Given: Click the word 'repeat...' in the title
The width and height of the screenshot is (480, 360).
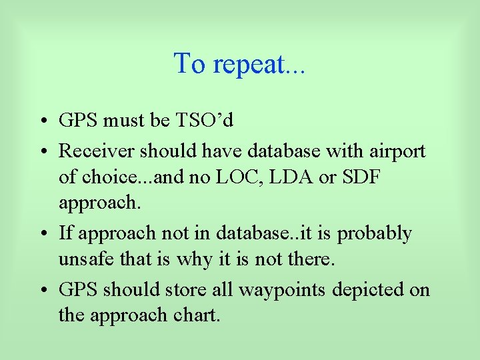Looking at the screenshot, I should click(x=259, y=65).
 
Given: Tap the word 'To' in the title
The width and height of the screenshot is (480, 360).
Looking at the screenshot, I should click(x=189, y=63).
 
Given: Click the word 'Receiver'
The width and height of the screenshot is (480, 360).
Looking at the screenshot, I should click(x=96, y=151).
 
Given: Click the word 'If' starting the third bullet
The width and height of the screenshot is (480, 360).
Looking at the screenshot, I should click(x=65, y=233).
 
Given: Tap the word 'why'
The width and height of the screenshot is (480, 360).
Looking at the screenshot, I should click(x=190, y=259).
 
